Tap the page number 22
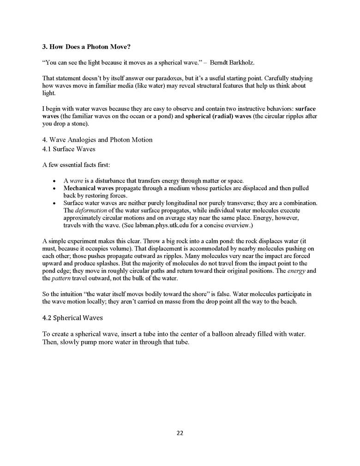tap(180, 433)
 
